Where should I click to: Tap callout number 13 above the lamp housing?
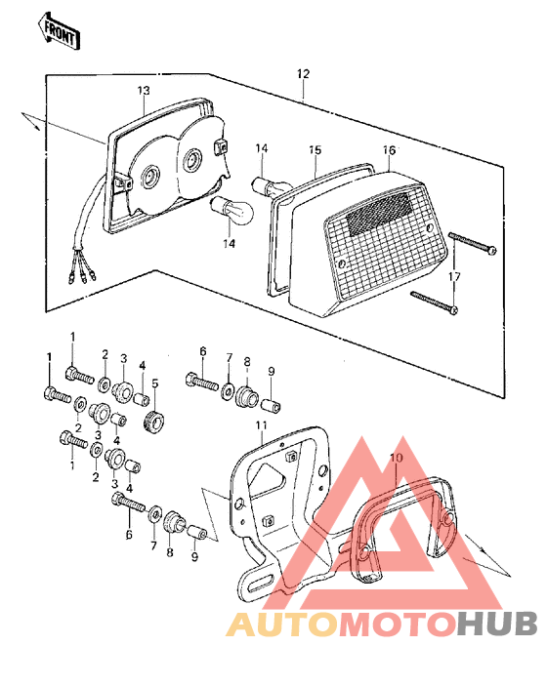pyautogui.click(x=143, y=91)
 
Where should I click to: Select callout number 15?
pyautogui.click(x=315, y=150)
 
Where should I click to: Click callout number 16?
pyautogui.click(x=389, y=150)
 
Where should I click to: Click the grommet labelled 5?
pyautogui.click(x=152, y=423)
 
